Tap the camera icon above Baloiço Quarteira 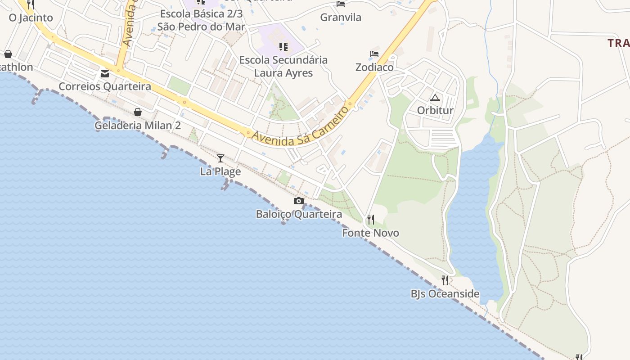(x=299, y=201)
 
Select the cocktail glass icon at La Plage (x=220, y=158)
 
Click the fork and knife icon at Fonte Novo (x=371, y=220)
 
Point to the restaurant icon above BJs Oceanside (x=445, y=280)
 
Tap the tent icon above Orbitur (x=435, y=98)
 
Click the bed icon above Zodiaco (x=374, y=54)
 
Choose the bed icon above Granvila (x=341, y=4)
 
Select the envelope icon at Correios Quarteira (x=105, y=73)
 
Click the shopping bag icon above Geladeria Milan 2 (x=138, y=112)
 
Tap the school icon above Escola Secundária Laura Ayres (x=283, y=47)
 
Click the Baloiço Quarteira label (x=299, y=214)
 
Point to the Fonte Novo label (x=370, y=233)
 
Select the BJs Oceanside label (x=445, y=294)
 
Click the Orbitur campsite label (x=435, y=110)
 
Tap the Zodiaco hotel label (x=374, y=67)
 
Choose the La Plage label (x=220, y=171)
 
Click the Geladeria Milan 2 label (x=138, y=125)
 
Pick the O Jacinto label (x=31, y=18)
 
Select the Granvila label (x=341, y=18)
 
